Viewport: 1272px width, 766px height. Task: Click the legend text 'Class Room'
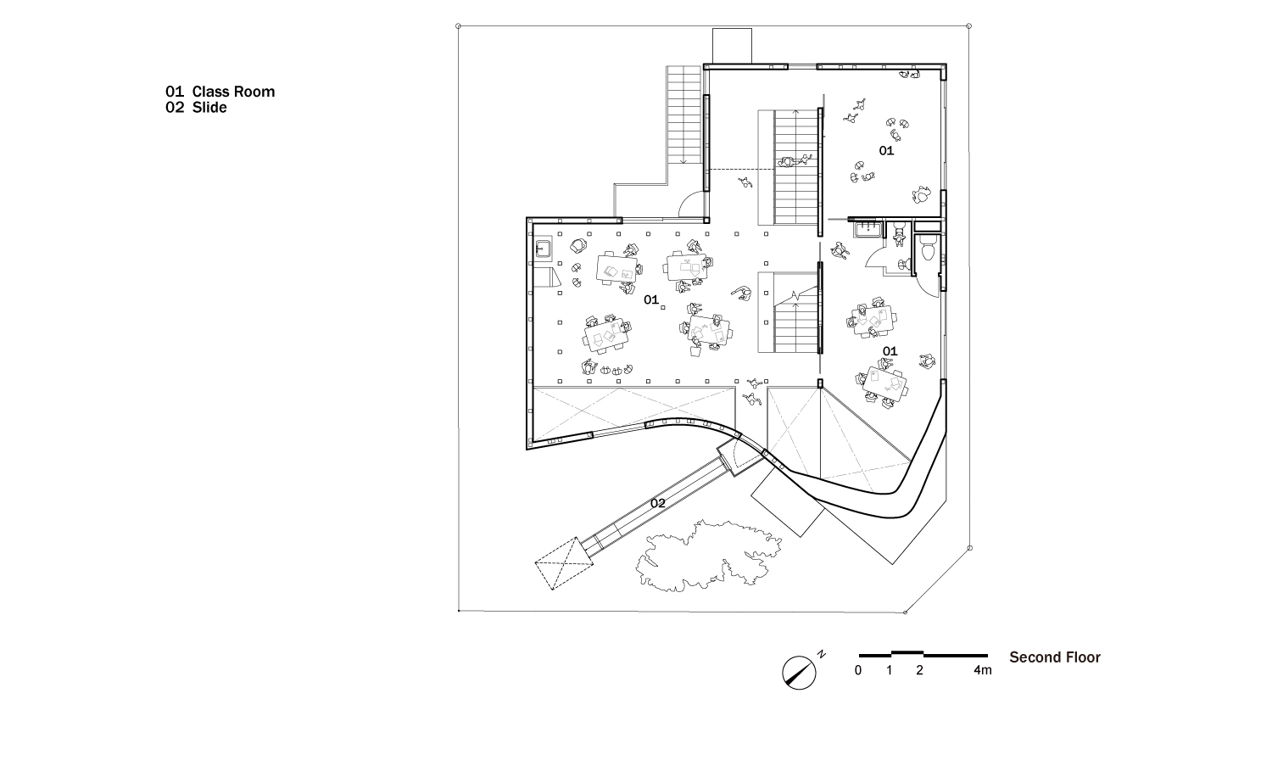233,92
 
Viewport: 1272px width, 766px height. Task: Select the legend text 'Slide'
209,108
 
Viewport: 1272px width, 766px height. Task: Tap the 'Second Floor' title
1055,657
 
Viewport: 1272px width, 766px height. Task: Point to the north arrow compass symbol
799,673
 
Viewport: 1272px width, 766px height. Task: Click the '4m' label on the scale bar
982,670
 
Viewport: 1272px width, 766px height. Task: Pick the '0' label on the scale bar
858,670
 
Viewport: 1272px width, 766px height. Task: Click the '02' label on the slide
657,504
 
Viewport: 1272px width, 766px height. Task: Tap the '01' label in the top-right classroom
886,151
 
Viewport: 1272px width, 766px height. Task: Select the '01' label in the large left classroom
651,299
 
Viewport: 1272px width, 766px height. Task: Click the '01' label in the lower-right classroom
890,351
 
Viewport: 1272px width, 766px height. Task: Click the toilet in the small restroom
928,249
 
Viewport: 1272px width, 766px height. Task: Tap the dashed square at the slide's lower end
563,564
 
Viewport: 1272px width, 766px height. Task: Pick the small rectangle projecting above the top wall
732,46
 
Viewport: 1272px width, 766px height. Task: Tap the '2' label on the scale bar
919,670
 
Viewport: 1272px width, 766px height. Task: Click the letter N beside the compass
821,654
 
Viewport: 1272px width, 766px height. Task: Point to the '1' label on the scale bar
890,670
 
